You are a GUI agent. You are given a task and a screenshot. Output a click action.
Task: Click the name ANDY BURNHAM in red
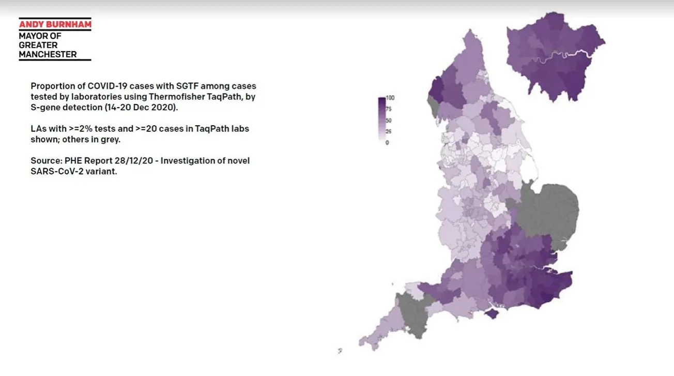click(55, 24)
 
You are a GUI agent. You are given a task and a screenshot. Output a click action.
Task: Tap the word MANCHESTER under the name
click(48, 54)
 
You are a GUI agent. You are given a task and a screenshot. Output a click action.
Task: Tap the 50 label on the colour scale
click(389, 121)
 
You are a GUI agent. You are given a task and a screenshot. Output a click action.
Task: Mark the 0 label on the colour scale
click(387, 142)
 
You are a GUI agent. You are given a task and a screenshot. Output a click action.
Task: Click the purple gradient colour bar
click(381, 119)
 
